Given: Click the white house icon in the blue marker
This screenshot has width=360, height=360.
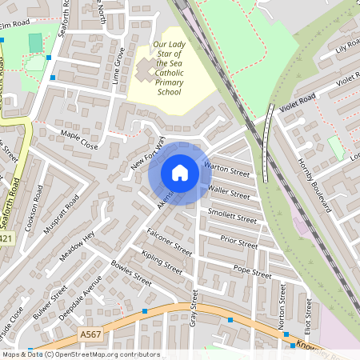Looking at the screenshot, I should [180, 173].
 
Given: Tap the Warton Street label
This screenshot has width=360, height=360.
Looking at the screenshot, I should [228, 169].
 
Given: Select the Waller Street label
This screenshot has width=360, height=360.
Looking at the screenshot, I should [229, 192].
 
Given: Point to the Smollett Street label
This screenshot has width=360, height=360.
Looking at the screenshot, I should [232, 216].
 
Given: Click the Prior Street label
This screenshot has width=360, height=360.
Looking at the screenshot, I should [238, 242].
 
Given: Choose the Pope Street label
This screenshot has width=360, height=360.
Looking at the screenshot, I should [252, 272].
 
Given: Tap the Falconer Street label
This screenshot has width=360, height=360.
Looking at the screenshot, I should [170, 242].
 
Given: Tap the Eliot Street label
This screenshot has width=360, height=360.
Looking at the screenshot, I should [308, 312].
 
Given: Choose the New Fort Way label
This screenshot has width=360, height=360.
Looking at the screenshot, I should [148, 152].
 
